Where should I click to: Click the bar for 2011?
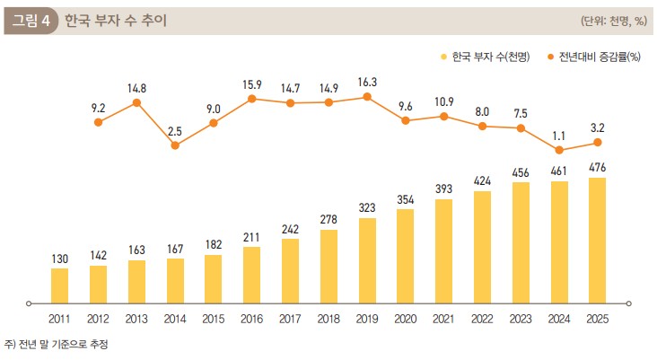[59, 285]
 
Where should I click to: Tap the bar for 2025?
[597, 239]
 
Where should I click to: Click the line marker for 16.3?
[367, 97]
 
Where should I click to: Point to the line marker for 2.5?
[175, 145]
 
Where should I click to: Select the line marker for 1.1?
[559, 150]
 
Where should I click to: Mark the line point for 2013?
[136, 102]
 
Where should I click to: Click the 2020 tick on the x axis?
[406, 319]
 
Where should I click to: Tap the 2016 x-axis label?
[251, 319]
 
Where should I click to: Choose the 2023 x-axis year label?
[521, 319]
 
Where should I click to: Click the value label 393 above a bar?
[443, 189]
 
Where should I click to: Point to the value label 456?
[521, 172]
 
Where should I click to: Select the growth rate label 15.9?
[251, 84]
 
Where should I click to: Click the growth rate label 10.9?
[443, 101]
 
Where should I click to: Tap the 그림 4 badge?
[31, 21]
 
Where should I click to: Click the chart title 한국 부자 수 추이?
[115, 21]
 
